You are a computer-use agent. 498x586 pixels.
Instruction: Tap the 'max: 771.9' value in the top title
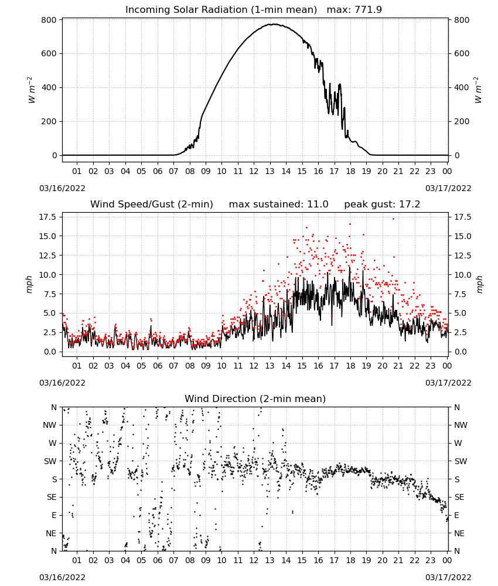354,9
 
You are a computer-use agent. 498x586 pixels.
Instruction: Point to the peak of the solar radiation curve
274,24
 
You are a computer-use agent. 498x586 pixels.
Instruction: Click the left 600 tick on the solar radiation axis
49,53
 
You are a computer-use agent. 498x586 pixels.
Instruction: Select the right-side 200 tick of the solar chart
462,121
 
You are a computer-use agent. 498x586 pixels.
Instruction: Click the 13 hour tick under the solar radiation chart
270,171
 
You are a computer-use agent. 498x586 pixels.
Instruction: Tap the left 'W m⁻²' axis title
31,90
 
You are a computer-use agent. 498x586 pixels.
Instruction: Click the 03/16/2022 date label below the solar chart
62,188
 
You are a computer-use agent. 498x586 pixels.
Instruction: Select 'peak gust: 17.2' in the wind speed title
382,205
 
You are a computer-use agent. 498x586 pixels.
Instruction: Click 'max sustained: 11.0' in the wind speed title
278,205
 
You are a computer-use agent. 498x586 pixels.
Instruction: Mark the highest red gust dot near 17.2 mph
393,219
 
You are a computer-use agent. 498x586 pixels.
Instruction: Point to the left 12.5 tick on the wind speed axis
48,255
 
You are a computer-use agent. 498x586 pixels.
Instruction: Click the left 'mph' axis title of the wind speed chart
29,284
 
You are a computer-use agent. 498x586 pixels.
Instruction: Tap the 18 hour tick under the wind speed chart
350,366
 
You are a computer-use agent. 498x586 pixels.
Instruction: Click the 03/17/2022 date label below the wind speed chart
448,383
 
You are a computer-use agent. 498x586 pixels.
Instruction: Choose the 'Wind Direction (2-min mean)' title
255,398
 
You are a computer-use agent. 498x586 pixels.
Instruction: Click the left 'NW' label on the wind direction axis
50,425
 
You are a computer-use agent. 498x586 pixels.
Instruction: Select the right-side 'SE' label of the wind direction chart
459,498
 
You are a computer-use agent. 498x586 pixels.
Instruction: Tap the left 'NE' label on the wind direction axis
51,533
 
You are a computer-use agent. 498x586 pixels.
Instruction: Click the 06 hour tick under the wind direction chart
157,560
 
